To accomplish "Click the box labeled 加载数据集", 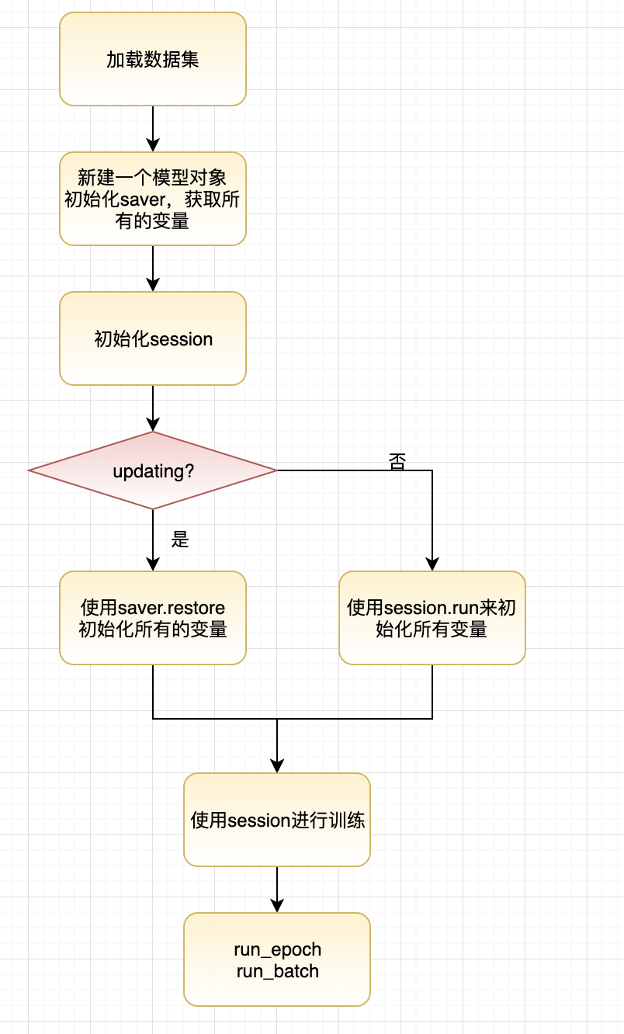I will tap(153, 59).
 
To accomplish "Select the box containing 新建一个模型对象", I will tap(153, 199).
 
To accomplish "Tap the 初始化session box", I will tap(153, 338).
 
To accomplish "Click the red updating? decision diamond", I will tap(153, 470).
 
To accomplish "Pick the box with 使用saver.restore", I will tap(153, 618).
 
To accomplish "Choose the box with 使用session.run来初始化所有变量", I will tap(432, 618).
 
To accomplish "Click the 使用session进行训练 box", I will tap(277, 820).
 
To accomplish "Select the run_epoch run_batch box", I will tap(277, 959).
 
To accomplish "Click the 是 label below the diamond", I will tap(180, 540).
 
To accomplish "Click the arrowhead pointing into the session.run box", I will tap(432, 564).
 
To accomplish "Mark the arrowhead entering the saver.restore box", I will tap(153, 564).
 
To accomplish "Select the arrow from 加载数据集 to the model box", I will tap(153, 129).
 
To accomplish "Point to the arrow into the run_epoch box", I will tap(277, 893).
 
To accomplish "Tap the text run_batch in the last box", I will tap(277, 970).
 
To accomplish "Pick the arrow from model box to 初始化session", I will tap(153, 269).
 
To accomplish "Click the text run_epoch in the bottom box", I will tap(277, 949).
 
